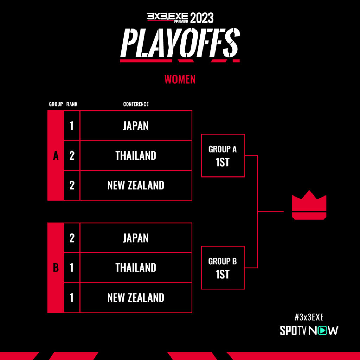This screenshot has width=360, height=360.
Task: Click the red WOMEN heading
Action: tap(180, 79)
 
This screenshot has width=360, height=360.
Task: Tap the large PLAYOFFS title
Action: tap(180, 43)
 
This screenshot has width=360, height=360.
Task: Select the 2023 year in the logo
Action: tap(202, 18)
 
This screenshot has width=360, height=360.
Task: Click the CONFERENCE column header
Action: tap(136, 104)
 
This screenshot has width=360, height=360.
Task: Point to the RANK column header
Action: tap(72, 104)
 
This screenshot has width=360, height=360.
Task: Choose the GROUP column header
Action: tap(56, 104)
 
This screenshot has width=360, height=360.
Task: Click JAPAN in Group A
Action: tap(136, 126)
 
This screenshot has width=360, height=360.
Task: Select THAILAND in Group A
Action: tap(136, 155)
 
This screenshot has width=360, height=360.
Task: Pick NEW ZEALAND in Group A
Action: tap(136, 185)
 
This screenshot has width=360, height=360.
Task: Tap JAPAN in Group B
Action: tap(136, 238)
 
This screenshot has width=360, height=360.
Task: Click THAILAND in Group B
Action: tap(136, 268)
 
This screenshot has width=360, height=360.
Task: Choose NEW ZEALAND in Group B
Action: tap(136, 297)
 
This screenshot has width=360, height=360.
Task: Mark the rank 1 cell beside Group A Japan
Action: tap(72, 126)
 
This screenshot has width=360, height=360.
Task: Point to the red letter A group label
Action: tap(56, 156)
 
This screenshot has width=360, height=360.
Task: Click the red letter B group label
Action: tap(56, 268)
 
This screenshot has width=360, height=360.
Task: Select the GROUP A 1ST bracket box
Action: tap(223, 134)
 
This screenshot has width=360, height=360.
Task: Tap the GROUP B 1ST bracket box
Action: tap(223, 246)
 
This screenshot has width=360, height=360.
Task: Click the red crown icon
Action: tap(309, 205)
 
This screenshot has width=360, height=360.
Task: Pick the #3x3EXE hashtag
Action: tap(309, 317)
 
